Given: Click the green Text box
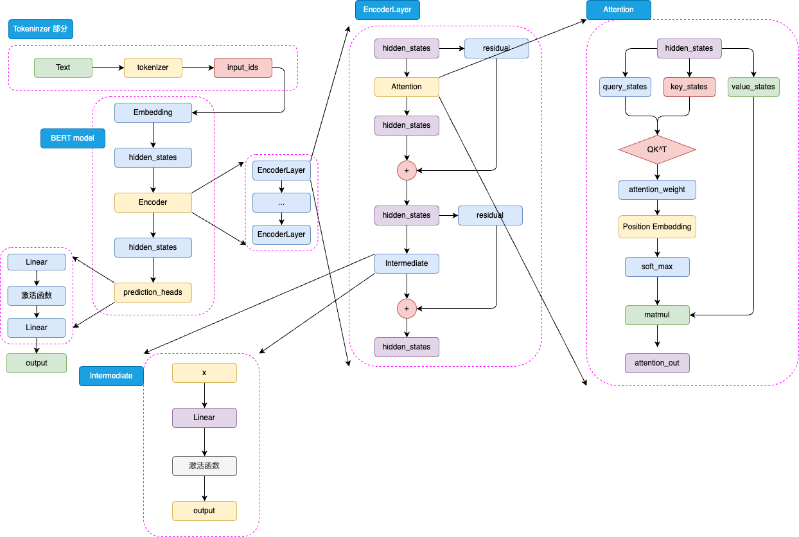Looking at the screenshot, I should pyautogui.click(x=63, y=67).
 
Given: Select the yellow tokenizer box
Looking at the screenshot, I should pyautogui.click(x=153, y=67).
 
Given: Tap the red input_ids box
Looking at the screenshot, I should pyautogui.click(x=243, y=67).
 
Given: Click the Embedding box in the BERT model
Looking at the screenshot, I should pyautogui.click(x=153, y=112).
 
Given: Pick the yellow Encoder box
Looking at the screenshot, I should pyautogui.click(x=153, y=202).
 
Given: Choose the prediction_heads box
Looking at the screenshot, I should pyautogui.click(x=153, y=292).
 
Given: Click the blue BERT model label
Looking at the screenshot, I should pyautogui.click(x=73, y=138).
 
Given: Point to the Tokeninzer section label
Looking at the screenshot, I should pyautogui.click(x=41, y=29).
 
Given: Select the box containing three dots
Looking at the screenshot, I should pyautogui.click(x=281, y=202).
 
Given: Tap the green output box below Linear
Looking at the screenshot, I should pyautogui.click(x=37, y=363).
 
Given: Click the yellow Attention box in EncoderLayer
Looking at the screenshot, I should pyautogui.click(x=407, y=87).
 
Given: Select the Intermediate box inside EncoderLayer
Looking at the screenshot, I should pyautogui.click(x=407, y=263).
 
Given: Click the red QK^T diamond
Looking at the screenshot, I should pyautogui.click(x=657, y=149).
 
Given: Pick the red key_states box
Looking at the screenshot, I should pyautogui.click(x=689, y=87).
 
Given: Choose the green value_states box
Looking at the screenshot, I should pyautogui.click(x=753, y=87).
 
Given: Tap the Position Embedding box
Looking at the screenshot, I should pyautogui.click(x=657, y=227).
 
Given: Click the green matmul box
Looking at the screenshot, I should pyautogui.click(x=657, y=315).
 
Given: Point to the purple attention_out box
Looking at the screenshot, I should pyautogui.click(x=657, y=363).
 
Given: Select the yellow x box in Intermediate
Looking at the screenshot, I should pyautogui.click(x=204, y=373).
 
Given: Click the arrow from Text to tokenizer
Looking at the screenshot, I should pyautogui.click(x=108, y=67).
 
